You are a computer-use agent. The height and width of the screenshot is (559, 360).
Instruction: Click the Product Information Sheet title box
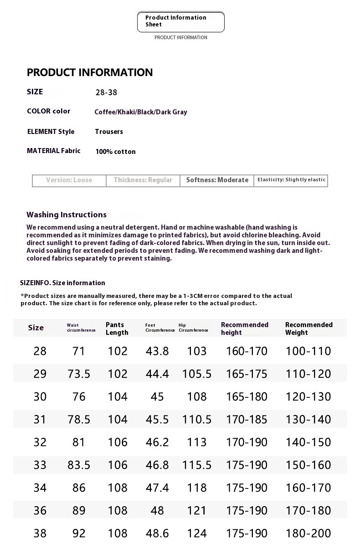tap(180, 21)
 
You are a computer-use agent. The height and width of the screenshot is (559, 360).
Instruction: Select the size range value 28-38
tap(106, 92)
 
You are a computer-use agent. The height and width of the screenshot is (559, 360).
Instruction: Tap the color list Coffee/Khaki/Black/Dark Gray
tap(141, 112)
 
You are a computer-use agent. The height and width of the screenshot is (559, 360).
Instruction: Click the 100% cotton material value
tap(115, 152)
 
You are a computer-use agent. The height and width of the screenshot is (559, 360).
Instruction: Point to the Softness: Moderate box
tap(217, 180)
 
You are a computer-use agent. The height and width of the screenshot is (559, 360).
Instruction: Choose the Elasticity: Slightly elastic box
tap(291, 180)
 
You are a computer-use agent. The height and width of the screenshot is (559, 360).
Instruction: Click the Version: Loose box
tap(69, 180)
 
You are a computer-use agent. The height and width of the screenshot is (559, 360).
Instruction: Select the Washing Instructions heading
tap(67, 215)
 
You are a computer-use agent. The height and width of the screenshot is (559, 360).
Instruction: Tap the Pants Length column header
tap(117, 328)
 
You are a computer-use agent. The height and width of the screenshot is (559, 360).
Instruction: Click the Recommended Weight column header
tap(309, 328)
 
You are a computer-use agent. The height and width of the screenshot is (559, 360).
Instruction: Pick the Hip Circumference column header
tap(193, 328)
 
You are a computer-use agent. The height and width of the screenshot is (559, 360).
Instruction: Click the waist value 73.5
tap(79, 374)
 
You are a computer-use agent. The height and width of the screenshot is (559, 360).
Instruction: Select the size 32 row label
tap(40, 442)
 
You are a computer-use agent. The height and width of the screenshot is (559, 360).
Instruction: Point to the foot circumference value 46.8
tap(157, 465)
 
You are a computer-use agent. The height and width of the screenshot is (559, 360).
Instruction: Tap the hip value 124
tap(197, 533)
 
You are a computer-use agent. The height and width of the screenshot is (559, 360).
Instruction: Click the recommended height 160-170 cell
tap(247, 351)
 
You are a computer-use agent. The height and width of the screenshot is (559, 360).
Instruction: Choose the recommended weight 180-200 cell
tap(309, 533)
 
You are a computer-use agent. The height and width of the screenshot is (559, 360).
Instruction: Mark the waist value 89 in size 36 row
tap(79, 511)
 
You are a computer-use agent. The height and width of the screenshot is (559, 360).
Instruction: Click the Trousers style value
tap(109, 132)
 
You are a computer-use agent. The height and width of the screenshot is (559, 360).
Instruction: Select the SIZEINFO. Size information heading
tap(62, 283)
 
